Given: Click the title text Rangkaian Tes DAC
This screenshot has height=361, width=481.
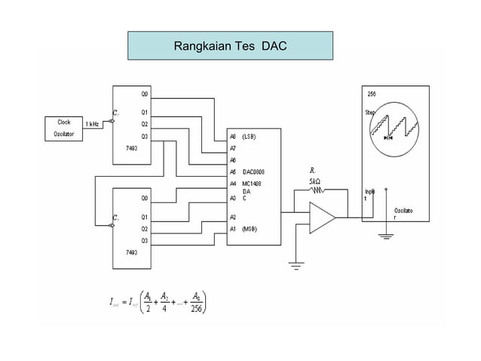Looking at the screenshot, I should point(229,46).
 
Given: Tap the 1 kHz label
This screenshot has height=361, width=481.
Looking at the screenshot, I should point(92,123).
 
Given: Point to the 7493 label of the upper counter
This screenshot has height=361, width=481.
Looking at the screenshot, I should point(131,149).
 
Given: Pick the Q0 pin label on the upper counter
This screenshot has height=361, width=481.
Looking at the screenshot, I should point(145,94).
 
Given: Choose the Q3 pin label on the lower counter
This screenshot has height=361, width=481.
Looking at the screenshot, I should point(145,239).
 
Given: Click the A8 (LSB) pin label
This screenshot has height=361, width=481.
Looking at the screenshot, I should point(244,137).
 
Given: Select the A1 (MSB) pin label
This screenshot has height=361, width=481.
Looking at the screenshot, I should point(244,228).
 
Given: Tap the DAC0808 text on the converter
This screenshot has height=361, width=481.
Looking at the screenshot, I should point(253,171).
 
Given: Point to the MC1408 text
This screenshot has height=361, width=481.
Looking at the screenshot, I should point(251,183).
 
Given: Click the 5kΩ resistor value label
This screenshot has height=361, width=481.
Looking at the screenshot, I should point(314,180).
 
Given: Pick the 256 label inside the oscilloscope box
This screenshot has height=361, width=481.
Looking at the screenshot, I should point(372,94).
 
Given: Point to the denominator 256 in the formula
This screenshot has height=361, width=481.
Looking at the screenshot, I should point(196,308).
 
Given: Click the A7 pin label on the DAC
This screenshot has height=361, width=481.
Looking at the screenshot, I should point(233,149).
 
